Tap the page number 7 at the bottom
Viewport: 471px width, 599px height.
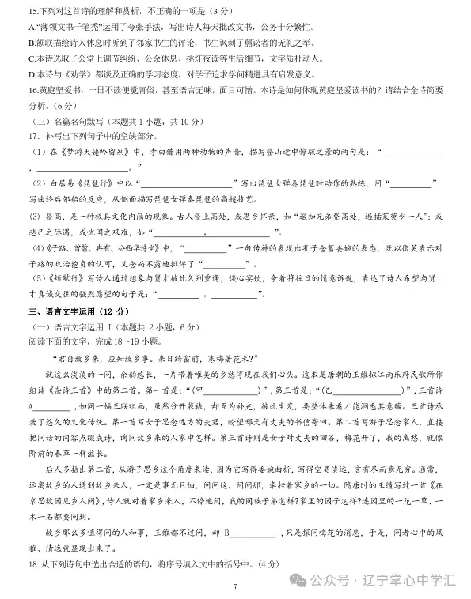[235, 586]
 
